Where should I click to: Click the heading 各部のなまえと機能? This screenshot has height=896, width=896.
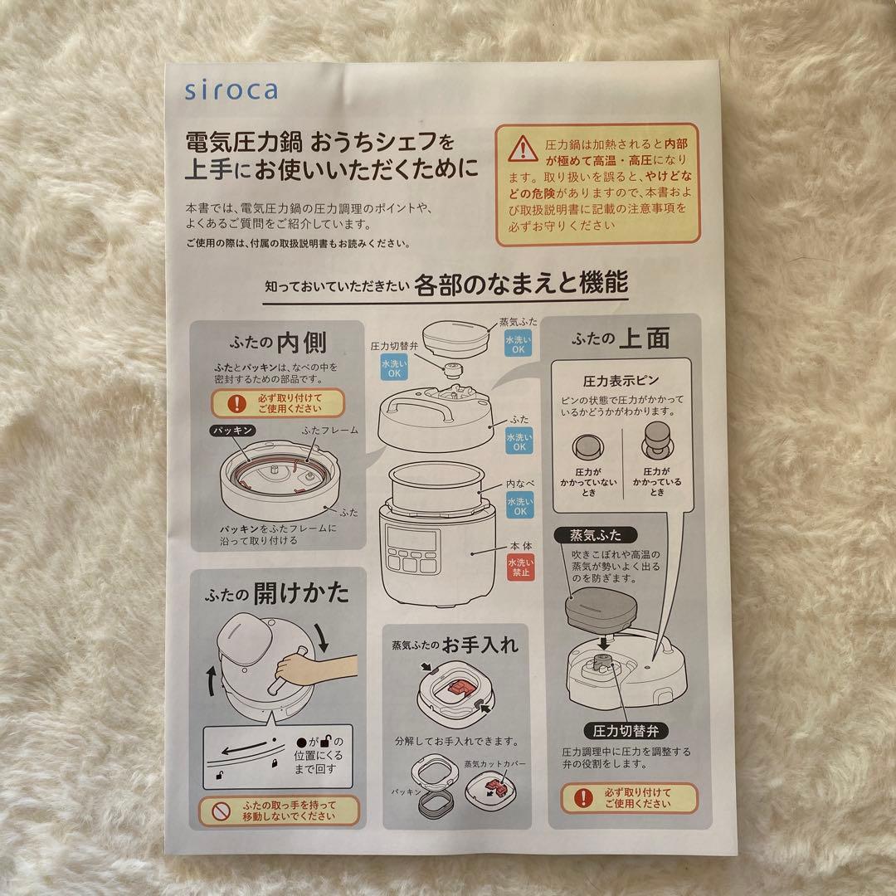[x=519, y=285]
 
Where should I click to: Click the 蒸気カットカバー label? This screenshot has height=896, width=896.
[x=495, y=763]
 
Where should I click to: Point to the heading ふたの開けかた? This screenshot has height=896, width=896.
[x=279, y=592]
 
